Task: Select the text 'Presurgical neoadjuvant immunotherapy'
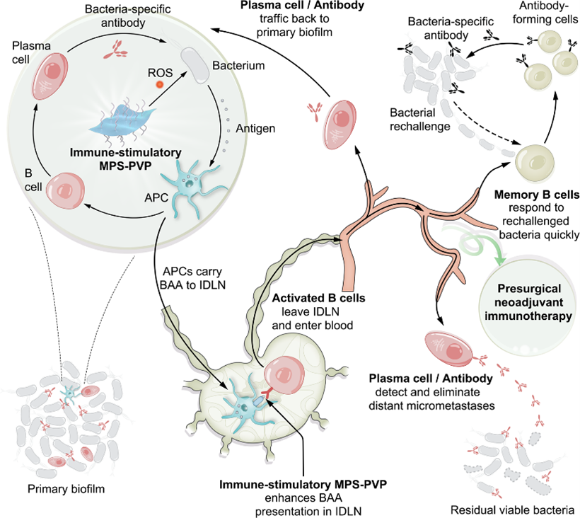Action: [528, 303]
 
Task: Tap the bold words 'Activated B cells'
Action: [318, 298]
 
